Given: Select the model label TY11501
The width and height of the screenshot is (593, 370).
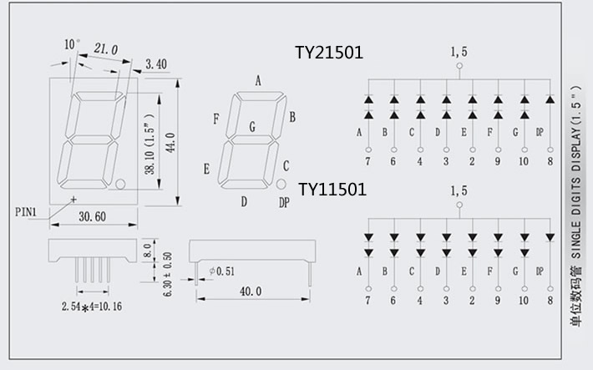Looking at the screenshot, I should (x=332, y=190).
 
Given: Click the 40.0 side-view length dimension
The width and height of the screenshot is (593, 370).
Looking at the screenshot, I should (x=251, y=291).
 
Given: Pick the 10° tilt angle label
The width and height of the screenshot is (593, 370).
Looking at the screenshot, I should (x=72, y=43).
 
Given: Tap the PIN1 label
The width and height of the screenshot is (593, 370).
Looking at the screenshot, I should (x=26, y=211).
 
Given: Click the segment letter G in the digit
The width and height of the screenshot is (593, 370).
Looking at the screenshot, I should (x=252, y=127).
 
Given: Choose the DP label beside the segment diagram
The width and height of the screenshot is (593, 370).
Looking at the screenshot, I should (x=285, y=202).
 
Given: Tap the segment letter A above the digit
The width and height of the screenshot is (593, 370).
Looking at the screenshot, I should (x=258, y=81).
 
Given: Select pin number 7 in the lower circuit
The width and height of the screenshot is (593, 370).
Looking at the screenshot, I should (x=367, y=300).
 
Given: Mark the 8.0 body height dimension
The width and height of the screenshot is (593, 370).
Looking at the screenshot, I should (x=148, y=250).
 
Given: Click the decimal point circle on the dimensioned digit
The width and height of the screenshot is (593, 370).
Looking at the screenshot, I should (x=120, y=183).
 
